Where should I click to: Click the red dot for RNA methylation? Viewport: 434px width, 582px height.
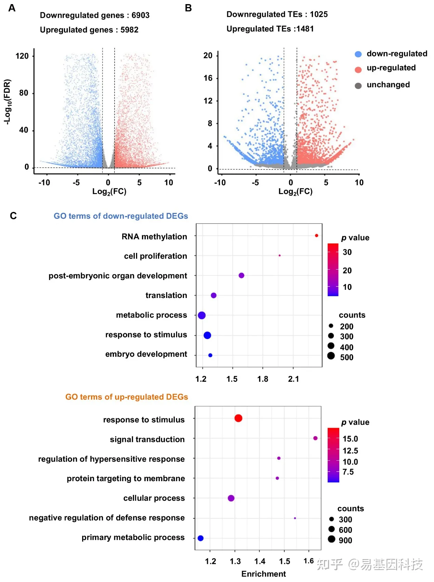coord(316,235)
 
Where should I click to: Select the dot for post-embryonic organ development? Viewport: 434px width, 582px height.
coord(241,275)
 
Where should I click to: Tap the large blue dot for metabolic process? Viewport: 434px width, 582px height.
coord(202,315)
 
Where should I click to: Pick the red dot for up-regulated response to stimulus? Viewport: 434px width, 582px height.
coord(238,418)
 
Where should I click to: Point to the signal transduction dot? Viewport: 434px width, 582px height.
coord(315,438)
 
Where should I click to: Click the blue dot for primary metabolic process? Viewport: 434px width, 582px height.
coord(201,538)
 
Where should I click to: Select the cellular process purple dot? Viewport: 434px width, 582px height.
coord(231,498)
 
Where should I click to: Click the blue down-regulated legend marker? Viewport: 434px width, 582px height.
coord(358,54)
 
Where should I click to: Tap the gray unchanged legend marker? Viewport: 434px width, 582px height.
coord(358,85)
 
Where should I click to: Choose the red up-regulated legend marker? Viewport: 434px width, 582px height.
coord(358,70)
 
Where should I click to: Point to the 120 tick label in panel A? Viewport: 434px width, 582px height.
coord(22,56)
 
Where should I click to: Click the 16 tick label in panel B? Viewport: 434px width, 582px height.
coord(208,78)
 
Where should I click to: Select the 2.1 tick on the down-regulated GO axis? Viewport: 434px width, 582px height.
coord(293,379)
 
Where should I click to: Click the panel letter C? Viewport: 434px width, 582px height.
coord(13,216)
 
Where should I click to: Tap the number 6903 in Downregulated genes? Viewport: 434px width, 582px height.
coord(141,15)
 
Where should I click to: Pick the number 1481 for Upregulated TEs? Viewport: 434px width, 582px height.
coord(305,29)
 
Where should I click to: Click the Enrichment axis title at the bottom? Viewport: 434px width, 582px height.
coord(263,574)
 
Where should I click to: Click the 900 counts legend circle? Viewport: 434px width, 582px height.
coord(331,539)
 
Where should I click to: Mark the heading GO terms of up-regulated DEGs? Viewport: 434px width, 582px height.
coord(127,397)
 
